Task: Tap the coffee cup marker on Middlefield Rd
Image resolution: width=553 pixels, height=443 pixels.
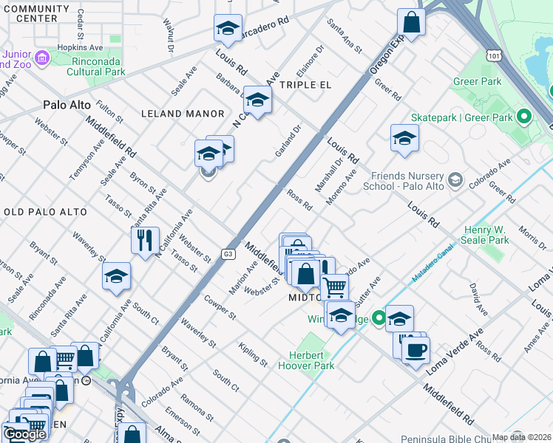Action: [x=415, y=348]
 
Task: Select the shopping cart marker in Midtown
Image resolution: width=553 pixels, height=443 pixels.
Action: [x=336, y=286]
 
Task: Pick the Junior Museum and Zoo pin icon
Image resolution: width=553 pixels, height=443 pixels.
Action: [x=41, y=57]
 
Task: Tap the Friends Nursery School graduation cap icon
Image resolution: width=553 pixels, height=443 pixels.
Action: [x=455, y=179]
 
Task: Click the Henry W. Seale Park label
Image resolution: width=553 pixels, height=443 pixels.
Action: [x=486, y=235]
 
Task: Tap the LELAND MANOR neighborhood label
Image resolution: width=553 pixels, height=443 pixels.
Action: [x=183, y=114]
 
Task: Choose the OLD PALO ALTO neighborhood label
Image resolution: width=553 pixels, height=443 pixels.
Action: [x=46, y=212]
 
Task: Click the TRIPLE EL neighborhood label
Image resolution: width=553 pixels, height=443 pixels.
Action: [x=305, y=85]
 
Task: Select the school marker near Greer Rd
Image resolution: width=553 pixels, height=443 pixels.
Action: [x=404, y=137]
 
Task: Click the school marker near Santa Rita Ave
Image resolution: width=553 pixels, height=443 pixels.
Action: [x=117, y=276]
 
